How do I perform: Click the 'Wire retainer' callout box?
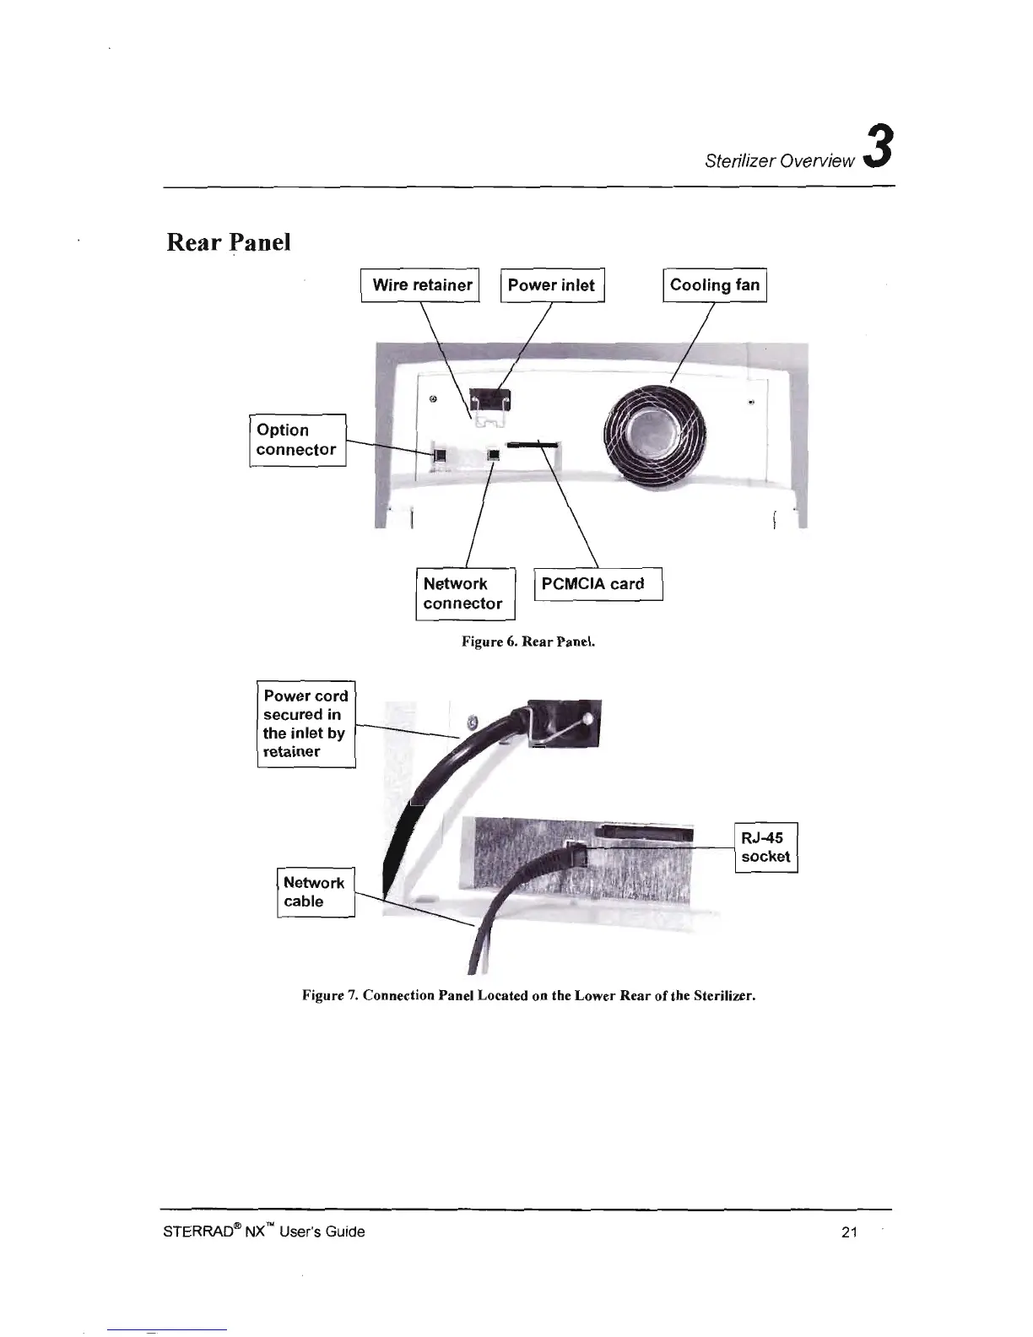click(420, 285)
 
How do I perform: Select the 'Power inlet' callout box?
click(552, 285)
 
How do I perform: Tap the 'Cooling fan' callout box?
click(714, 285)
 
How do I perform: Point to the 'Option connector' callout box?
click(297, 440)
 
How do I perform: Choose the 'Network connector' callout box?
click(464, 593)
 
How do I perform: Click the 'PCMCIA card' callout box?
click(598, 583)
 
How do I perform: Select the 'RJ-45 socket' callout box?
click(765, 847)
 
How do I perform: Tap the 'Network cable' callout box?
click(315, 892)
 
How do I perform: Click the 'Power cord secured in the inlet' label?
click(306, 723)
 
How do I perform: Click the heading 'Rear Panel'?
click(229, 242)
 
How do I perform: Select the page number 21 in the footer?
click(849, 1231)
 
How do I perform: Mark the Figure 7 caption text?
click(528, 995)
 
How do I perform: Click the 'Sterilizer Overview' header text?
click(779, 160)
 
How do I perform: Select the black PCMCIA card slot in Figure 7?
click(644, 835)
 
